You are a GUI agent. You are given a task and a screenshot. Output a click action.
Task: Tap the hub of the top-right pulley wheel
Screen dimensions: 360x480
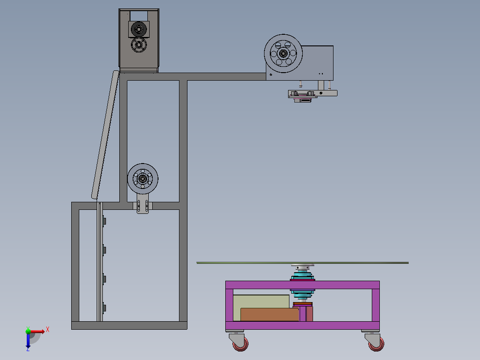283,54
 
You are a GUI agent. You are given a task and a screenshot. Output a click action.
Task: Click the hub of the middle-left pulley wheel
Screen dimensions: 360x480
142,179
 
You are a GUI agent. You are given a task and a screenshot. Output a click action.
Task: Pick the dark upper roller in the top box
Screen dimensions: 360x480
138,29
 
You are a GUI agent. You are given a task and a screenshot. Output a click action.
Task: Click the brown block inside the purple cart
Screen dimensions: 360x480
269,314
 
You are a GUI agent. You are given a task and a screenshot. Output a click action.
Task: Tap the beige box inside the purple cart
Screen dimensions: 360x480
260,301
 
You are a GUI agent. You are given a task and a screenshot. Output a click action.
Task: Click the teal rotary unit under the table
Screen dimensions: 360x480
303,285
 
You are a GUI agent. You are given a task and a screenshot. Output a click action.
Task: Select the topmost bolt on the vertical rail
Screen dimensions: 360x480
104,221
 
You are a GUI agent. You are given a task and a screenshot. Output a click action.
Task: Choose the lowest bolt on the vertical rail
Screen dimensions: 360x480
104,307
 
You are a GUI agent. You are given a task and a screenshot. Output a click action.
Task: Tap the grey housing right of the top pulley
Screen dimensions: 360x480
317,62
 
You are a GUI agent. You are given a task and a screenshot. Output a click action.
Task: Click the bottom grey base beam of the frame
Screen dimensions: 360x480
129,326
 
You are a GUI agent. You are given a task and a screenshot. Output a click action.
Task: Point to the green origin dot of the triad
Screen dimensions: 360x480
28,331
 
